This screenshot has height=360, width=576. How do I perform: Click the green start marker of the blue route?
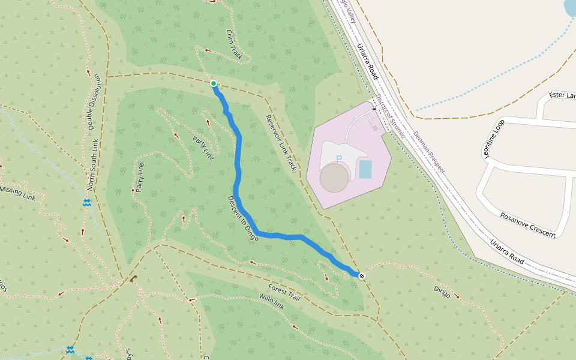click(214, 83)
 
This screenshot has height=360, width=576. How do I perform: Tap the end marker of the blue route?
click(362, 275)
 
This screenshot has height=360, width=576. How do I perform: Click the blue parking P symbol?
click(338, 159)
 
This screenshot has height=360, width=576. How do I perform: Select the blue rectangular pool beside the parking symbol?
click(365, 169)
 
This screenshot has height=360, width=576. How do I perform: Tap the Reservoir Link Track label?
click(281, 142)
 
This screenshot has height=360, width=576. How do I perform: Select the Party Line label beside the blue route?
click(203, 148)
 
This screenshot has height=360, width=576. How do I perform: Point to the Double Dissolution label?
click(94, 101)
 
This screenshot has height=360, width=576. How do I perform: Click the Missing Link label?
click(19, 193)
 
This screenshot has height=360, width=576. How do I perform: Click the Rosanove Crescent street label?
click(528, 225)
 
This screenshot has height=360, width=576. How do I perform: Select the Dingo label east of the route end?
click(442, 291)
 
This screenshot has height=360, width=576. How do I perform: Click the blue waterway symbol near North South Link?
click(87, 203)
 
